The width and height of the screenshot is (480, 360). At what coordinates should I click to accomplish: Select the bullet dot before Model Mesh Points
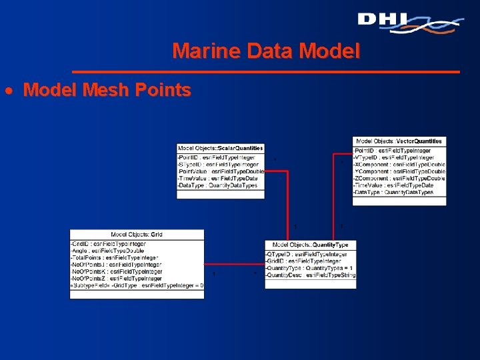tap(15, 91)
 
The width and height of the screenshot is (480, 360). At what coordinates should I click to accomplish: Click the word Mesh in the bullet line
tap(108, 90)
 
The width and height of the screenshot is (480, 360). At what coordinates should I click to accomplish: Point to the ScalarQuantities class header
tap(221, 148)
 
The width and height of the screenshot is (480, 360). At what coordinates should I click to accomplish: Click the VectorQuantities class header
tap(399, 141)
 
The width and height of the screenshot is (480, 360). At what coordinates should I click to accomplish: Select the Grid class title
tap(137, 235)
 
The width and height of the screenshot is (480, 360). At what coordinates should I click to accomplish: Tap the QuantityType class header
tap(310, 245)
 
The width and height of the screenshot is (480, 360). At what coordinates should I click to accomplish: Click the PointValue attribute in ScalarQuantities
tap(221, 171)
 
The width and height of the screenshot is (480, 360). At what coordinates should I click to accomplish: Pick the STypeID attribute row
tap(218, 163)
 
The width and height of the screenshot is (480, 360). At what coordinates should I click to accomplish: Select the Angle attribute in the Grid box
tap(107, 251)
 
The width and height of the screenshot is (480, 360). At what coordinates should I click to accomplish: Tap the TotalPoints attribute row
tap(115, 257)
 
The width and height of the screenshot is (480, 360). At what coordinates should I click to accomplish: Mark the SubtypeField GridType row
tap(137, 285)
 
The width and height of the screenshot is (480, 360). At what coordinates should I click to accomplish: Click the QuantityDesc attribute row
tap(310, 275)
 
